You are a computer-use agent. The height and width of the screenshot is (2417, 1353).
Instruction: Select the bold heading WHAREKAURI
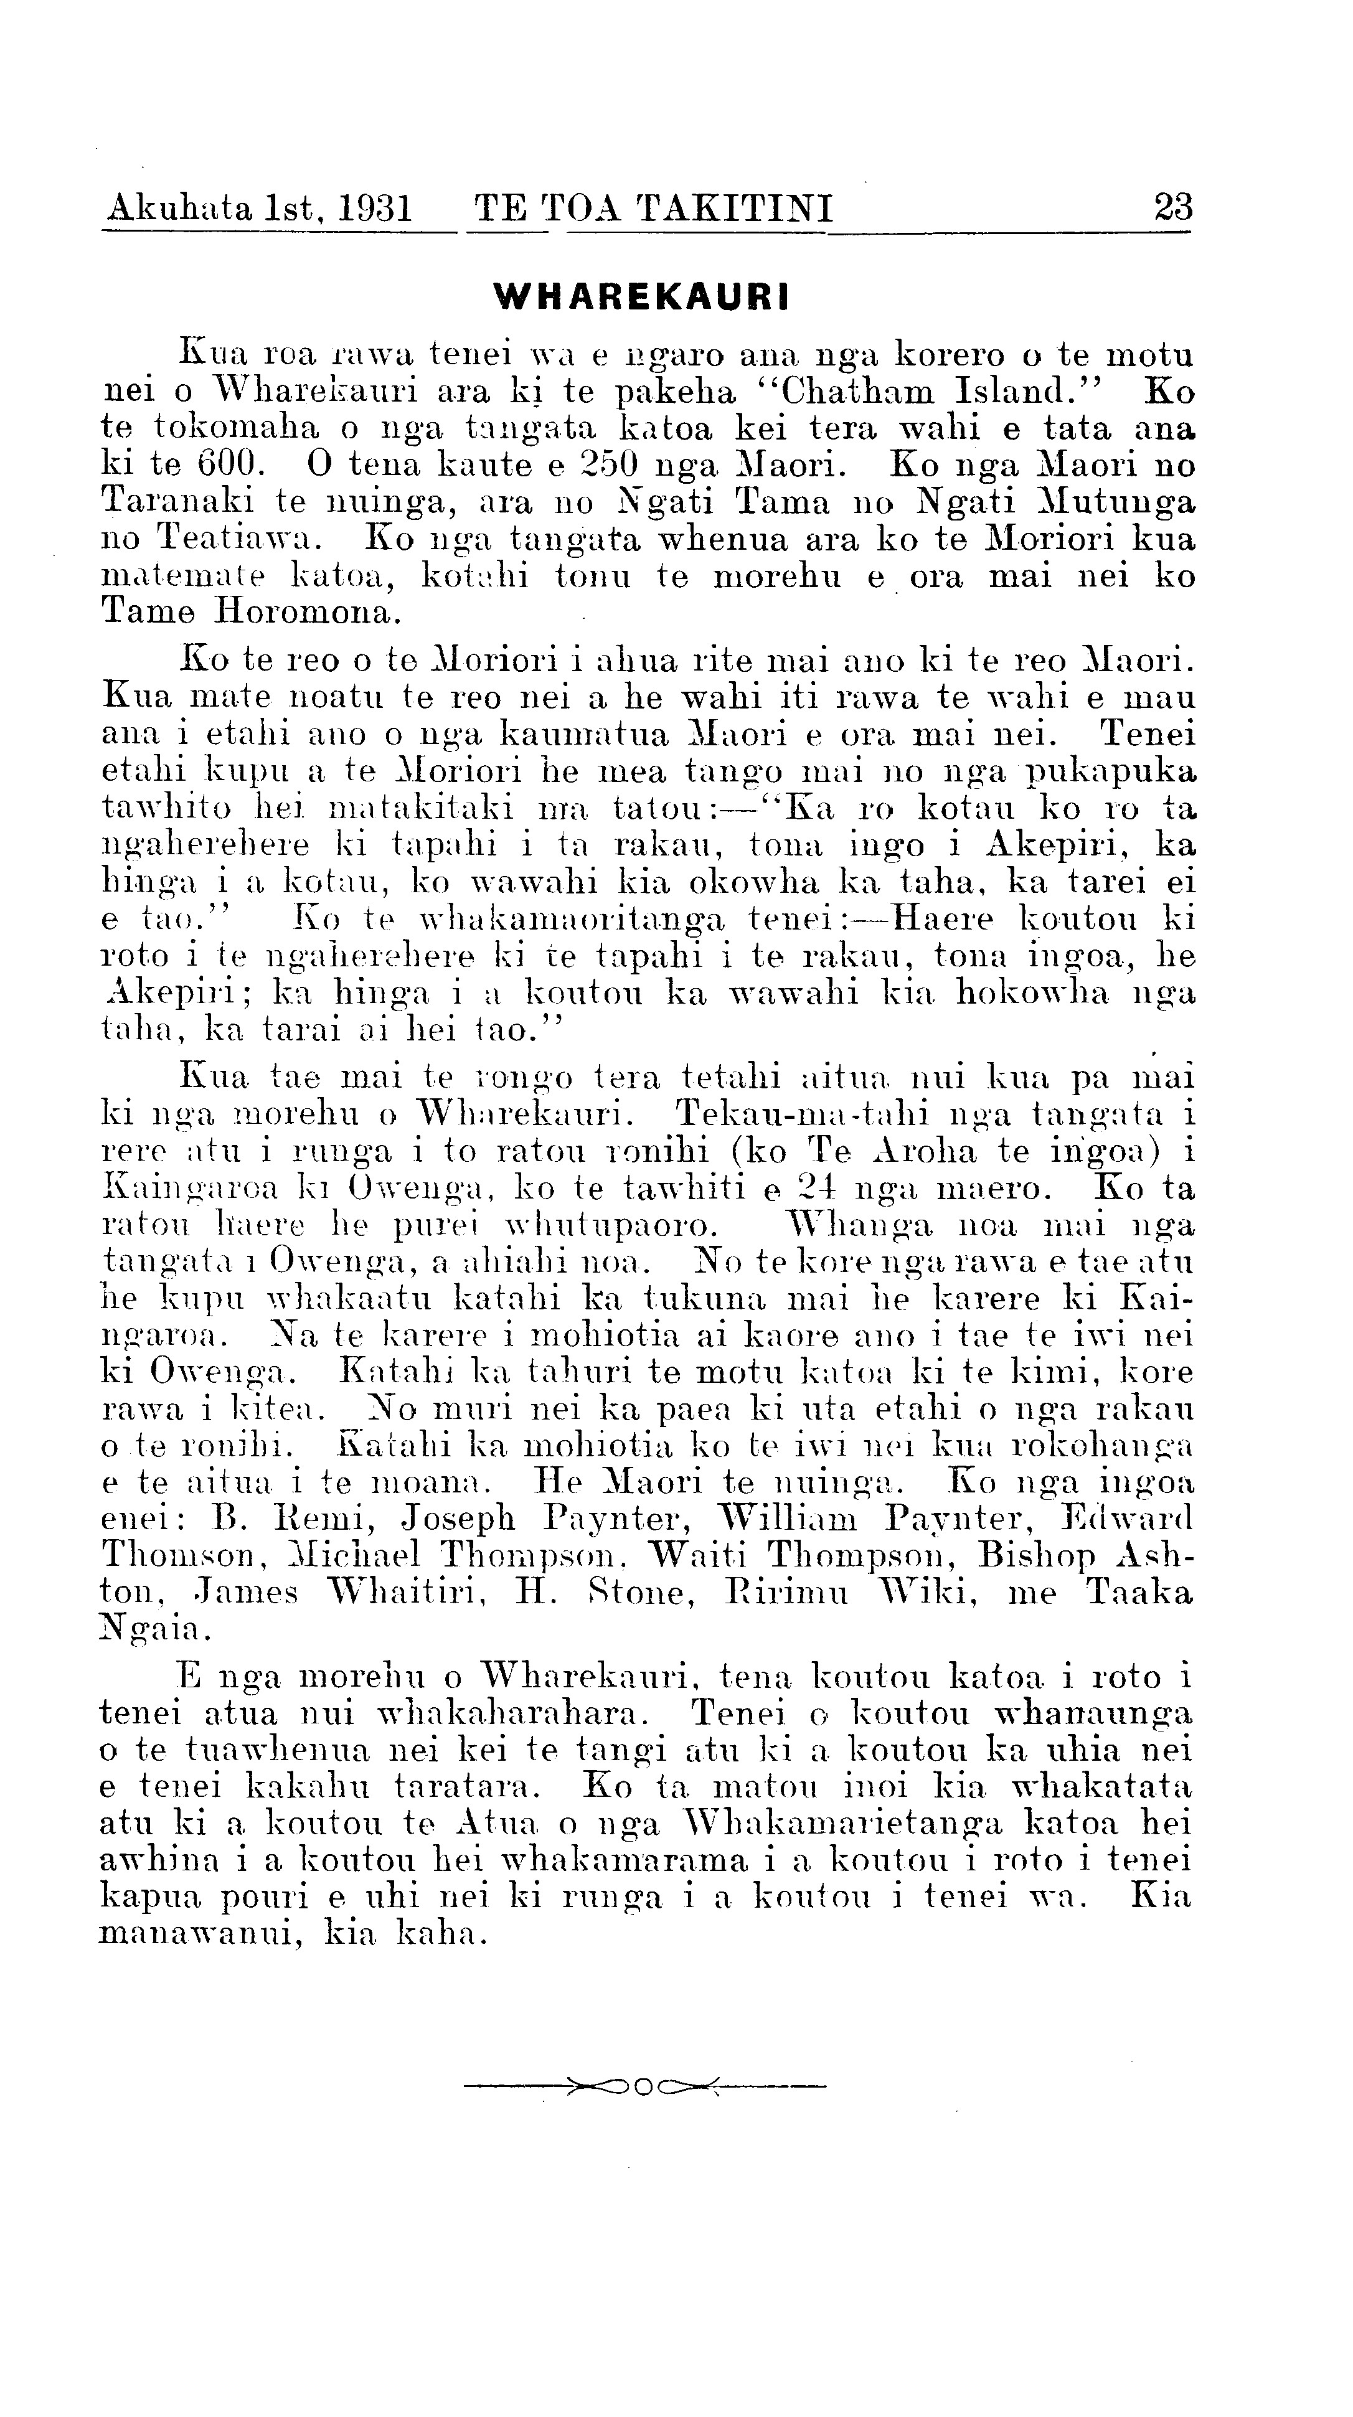(642, 296)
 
